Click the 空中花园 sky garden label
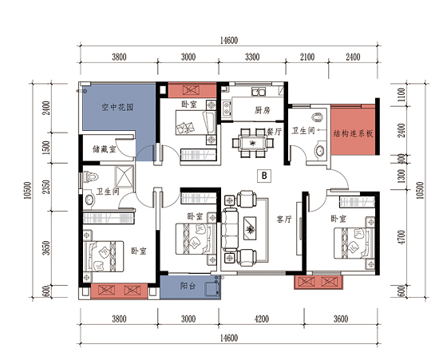[x=117, y=108]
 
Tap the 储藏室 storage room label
[x=105, y=148]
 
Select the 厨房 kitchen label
[x=263, y=110]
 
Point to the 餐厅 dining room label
[x=274, y=132]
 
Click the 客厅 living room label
[x=284, y=219]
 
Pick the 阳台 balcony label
[x=188, y=286]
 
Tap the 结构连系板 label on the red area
[x=353, y=133]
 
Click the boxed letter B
[x=264, y=176]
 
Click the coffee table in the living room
[x=250, y=228]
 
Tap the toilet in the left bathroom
[x=91, y=176]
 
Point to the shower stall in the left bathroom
[x=124, y=176]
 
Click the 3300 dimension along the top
[x=252, y=57]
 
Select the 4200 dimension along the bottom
[x=262, y=318]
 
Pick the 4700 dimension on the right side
[x=402, y=237]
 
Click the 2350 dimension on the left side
[x=46, y=187]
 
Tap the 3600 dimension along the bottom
[x=341, y=318]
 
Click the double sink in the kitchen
[x=259, y=92]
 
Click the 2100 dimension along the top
[x=307, y=57]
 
